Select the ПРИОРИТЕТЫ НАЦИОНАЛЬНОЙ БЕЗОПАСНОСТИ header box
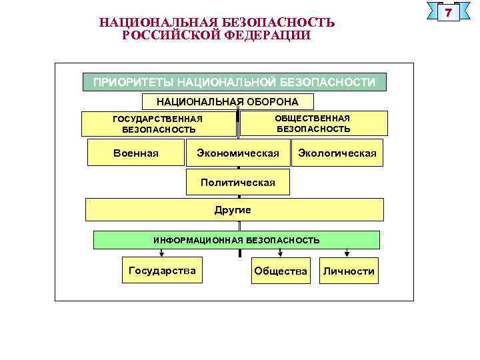[234, 82]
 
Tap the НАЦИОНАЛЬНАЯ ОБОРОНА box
[227, 101]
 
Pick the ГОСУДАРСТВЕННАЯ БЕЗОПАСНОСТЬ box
[158, 124]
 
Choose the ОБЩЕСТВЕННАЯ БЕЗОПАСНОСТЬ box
[313, 123]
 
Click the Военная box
[136, 153]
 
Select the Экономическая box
[238, 153]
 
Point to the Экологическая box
[337, 153]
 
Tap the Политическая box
[238, 182]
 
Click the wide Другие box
[234, 209]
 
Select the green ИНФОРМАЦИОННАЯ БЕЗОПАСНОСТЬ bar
[236, 239]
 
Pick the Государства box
[162, 271]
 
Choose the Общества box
[281, 271]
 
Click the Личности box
[349, 271]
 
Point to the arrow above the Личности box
[347, 253]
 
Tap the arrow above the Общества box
[280, 253]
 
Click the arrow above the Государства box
[162, 253]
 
